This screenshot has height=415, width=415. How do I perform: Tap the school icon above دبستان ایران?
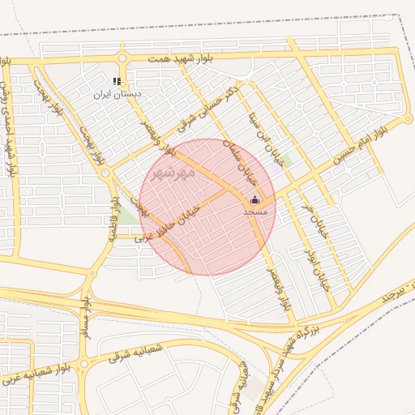[x=117, y=81]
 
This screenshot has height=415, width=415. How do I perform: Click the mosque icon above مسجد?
[x=255, y=199]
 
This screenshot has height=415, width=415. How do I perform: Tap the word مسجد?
[x=255, y=211]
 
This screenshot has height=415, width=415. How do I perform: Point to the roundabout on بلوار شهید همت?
[x=122, y=58]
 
